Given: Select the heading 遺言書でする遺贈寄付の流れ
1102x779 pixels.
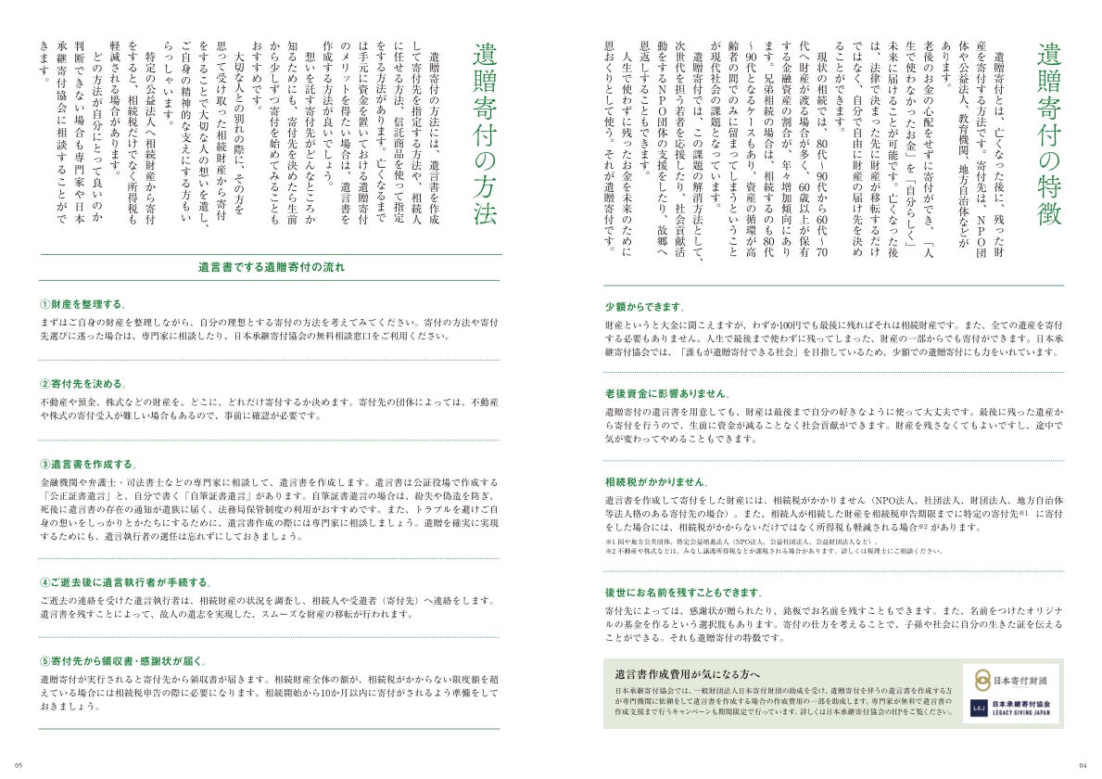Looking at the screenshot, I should point(271,268).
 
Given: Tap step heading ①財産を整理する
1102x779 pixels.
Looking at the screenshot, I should point(82,305).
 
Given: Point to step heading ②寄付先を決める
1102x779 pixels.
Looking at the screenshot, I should point(82,384).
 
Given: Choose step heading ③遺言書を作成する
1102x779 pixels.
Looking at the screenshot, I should point(88,464).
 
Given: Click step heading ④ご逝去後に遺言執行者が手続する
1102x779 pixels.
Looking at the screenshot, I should point(125,582).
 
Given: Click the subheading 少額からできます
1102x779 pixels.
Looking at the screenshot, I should point(644,307).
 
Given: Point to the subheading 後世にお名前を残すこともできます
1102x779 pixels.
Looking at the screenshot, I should point(684,592).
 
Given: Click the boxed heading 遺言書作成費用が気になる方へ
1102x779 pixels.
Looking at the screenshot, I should point(687,673).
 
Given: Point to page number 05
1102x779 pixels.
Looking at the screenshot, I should point(19,764).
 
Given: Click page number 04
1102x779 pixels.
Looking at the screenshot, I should point(1083,764).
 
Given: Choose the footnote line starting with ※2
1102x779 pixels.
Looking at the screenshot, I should point(774,551).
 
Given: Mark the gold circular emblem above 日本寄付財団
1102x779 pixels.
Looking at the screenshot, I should point(981,680).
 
